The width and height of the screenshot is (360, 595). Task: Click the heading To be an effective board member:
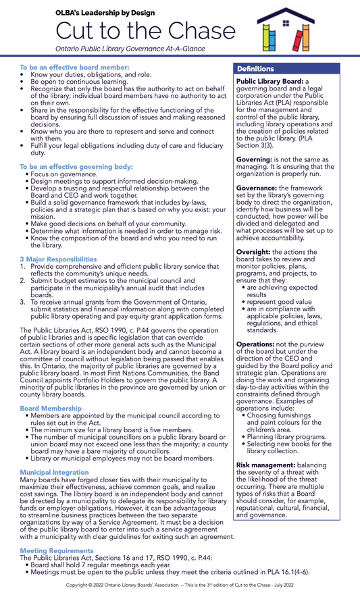click(x=74, y=68)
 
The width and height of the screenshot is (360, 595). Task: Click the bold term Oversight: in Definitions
click(x=255, y=252)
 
